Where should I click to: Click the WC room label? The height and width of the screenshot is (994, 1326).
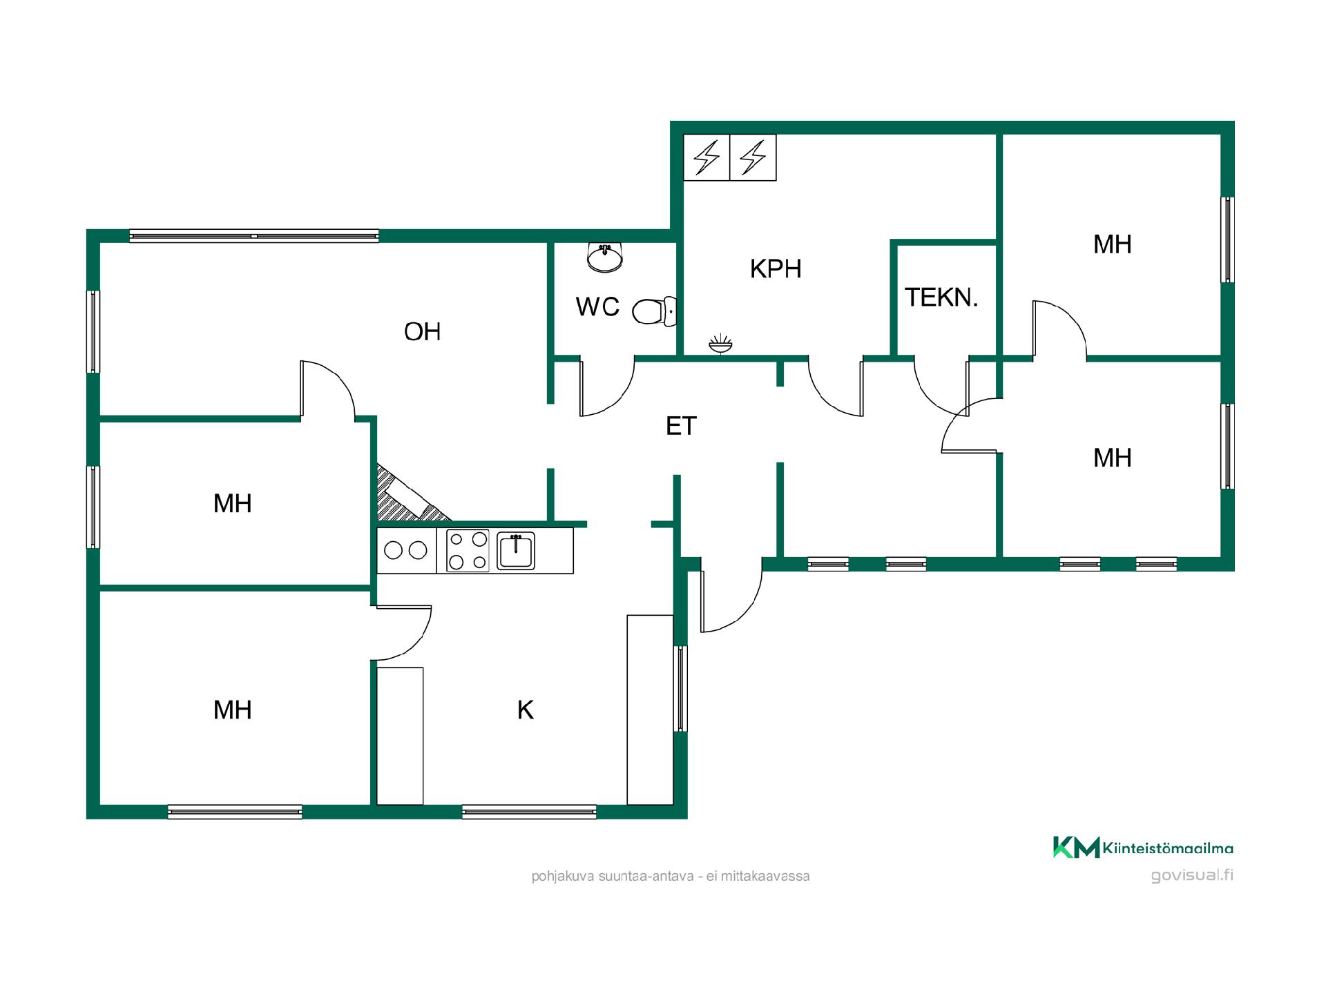(597, 306)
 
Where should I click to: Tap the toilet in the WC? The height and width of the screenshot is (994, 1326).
(654, 311)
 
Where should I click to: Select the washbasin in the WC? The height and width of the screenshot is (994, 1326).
(605, 257)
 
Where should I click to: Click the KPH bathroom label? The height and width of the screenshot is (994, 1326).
(776, 269)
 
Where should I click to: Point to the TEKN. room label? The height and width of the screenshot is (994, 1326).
(941, 298)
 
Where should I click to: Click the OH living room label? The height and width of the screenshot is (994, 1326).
(422, 332)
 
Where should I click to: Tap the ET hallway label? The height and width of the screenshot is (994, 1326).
(681, 427)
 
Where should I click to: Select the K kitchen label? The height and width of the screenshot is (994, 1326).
(526, 710)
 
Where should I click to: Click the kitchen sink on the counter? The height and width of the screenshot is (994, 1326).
(516, 551)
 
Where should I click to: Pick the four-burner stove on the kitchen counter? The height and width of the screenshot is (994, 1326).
(468, 550)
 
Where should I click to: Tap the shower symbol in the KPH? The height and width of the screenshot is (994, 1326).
(720, 344)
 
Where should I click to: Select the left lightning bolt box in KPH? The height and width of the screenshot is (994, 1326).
(707, 157)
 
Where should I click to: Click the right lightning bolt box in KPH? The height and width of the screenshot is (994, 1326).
(753, 157)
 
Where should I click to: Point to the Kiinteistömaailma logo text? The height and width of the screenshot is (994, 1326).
(1168, 848)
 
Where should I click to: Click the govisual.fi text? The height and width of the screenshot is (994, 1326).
(1192, 875)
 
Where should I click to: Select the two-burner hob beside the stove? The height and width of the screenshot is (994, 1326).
(406, 550)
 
